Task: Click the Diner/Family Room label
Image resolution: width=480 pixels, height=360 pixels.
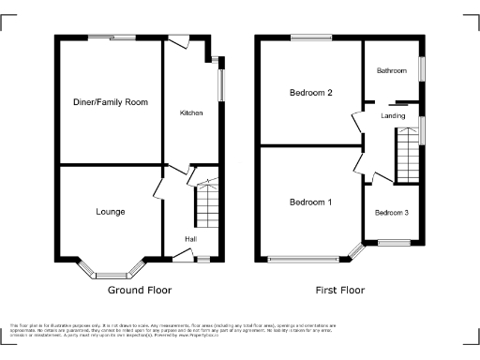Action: click(112, 100)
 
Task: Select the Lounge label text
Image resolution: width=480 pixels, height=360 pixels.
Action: click(110, 212)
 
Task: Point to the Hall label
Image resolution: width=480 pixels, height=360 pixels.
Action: click(190, 240)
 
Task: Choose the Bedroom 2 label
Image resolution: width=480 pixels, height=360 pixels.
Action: click(310, 92)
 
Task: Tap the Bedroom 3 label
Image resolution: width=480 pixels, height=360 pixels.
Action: click(392, 213)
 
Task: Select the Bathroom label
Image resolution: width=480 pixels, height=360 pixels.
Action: click(392, 71)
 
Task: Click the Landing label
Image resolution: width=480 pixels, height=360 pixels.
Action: click(393, 115)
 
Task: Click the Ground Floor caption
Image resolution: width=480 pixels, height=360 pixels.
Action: click(133, 291)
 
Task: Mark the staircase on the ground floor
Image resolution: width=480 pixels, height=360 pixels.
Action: click(205, 202)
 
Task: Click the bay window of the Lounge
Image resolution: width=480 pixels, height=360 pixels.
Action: click(110, 274)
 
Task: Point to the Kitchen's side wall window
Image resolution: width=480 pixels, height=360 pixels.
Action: click(221, 84)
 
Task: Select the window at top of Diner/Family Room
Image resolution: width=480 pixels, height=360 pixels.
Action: click(111, 37)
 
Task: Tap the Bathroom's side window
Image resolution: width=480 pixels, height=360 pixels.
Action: click(421, 69)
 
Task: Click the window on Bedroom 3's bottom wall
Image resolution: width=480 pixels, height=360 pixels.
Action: click(392, 244)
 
